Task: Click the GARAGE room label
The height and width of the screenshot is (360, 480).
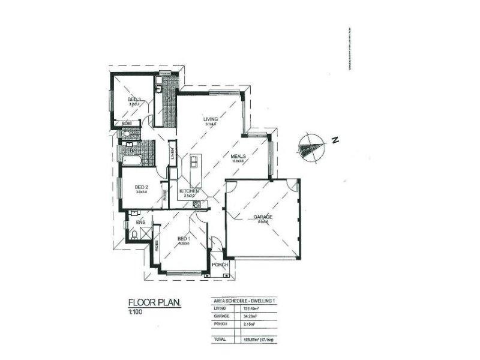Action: coord(263,217)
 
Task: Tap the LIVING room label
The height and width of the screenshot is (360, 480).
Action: coord(210,119)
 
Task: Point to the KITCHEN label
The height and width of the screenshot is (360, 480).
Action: coord(190,191)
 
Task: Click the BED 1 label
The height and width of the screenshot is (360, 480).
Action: coord(184,238)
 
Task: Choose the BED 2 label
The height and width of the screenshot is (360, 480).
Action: coord(142,187)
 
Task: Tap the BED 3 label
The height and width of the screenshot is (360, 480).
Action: coord(134,100)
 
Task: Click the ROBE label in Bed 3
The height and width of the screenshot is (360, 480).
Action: coord(127,123)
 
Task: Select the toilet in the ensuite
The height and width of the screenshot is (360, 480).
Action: coord(134,235)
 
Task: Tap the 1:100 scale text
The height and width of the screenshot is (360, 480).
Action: coord(136,312)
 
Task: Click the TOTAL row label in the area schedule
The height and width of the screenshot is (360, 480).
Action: coord(220,340)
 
